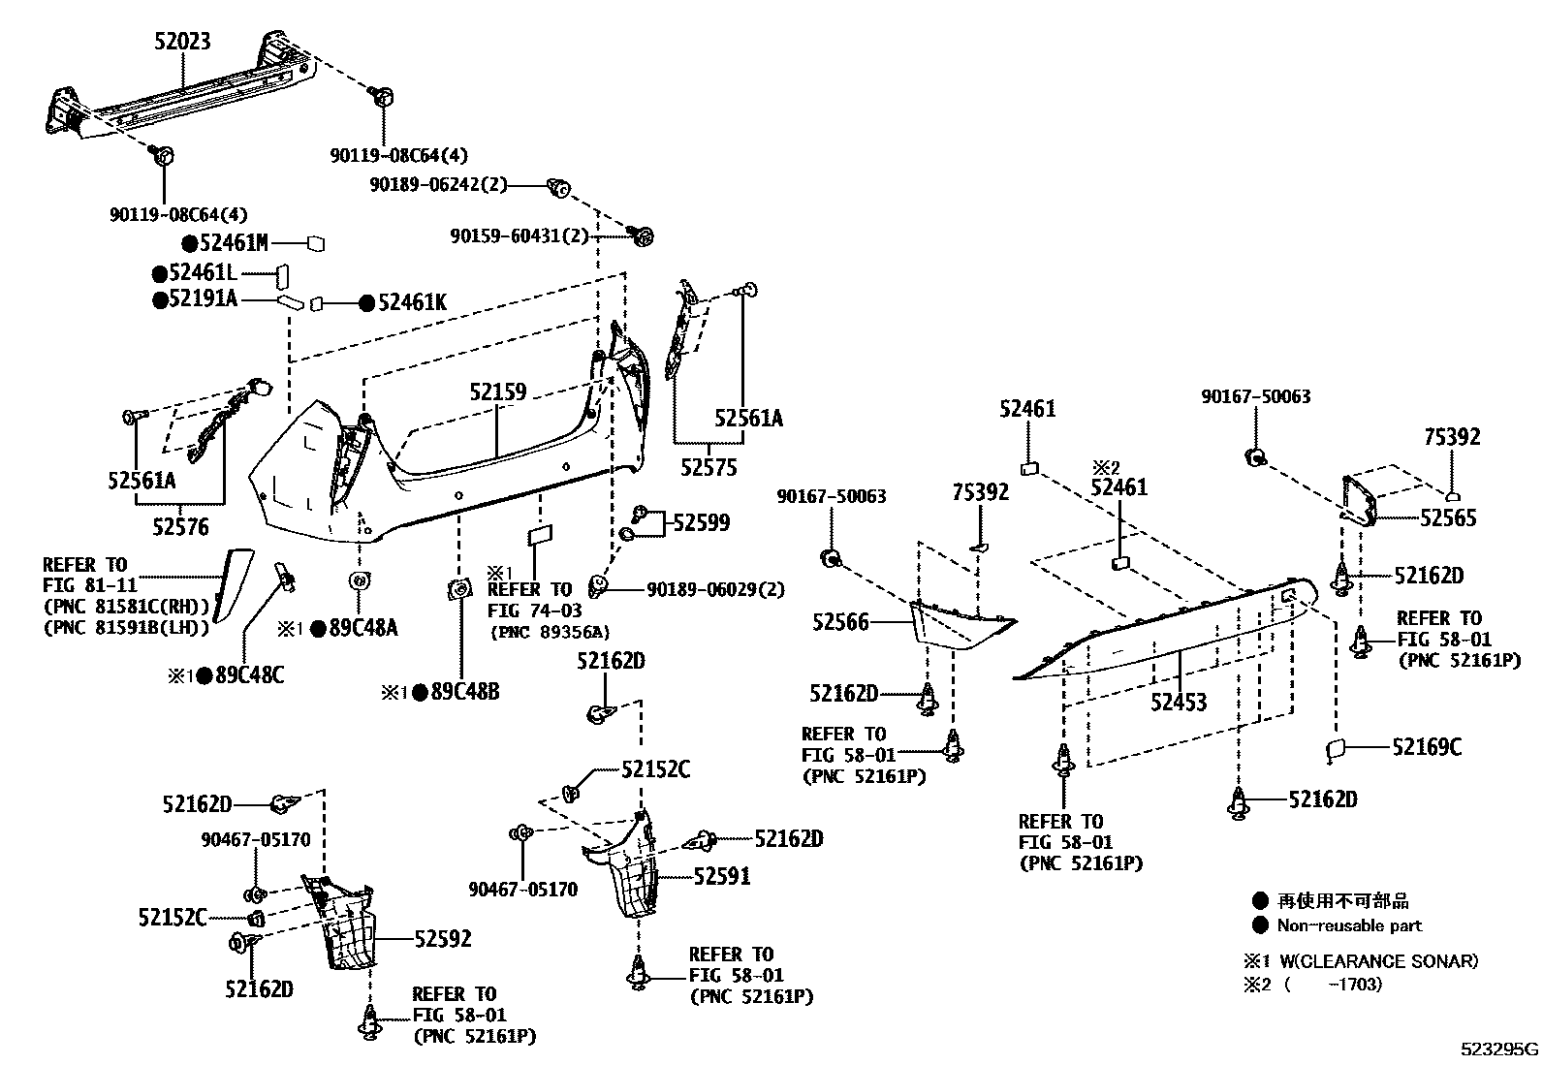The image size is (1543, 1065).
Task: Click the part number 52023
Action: click(x=181, y=41)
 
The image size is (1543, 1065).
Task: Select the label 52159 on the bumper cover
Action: click(x=498, y=392)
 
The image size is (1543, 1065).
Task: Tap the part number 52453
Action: click(x=1179, y=701)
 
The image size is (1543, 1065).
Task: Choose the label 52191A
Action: click(x=202, y=299)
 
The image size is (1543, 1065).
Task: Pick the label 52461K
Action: click(x=411, y=303)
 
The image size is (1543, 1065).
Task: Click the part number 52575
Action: click(x=708, y=468)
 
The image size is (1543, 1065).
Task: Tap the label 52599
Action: click(x=702, y=523)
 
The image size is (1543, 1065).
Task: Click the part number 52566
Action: click(x=841, y=623)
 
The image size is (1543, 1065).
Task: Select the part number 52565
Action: click(x=1448, y=517)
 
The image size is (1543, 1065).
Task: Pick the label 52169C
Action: click(x=1427, y=746)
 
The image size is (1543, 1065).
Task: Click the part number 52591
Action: click(x=721, y=877)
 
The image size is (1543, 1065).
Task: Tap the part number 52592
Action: click(x=443, y=938)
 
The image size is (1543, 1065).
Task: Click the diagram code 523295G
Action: click(x=1499, y=1049)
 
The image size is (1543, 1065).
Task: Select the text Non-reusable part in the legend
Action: click(x=1349, y=925)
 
